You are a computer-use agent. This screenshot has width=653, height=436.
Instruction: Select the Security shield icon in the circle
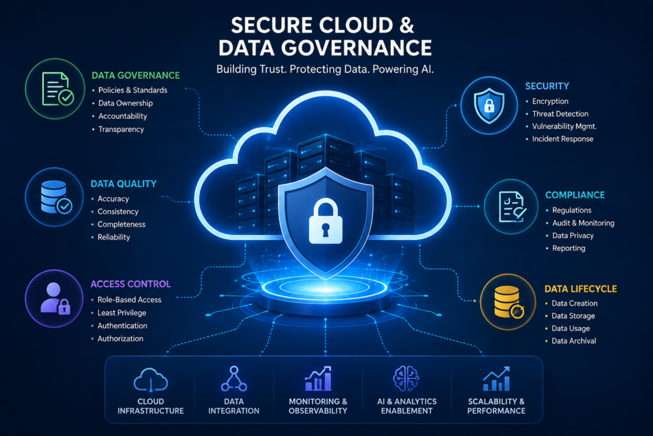tap(489, 105)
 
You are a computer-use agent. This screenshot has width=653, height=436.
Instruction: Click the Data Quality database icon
tap(56, 197)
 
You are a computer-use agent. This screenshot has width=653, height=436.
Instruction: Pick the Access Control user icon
tap(55, 299)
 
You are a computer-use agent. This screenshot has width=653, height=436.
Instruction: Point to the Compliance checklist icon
tap(512, 207)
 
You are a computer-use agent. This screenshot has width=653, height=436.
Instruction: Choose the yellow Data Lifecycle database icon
tap(508, 302)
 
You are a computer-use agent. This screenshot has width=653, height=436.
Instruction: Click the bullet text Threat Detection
tap(560, 114)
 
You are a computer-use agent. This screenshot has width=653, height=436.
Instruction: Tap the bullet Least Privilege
tap(122, 313)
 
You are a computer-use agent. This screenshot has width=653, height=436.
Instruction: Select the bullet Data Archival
tap(573, 340)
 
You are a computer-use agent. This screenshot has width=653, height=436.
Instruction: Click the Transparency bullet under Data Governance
tap(121, 129)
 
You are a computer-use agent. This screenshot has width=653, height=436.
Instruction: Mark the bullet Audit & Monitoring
tap(583, 223)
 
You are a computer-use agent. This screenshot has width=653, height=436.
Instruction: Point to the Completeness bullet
tap(121, 224)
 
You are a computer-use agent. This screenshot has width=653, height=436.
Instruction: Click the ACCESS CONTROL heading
tap(130, 284)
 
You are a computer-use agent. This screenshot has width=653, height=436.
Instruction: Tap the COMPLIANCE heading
tap(575, 195)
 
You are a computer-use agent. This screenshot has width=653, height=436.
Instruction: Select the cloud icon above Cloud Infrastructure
tap(150, 379)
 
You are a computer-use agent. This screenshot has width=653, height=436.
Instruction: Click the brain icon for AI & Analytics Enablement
tap(406, 379)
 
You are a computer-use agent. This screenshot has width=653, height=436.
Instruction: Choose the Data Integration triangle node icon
tap(233, 379)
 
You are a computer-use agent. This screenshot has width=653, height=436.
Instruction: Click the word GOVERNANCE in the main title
tap(356, 47)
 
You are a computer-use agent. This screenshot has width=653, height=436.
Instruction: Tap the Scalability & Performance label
tap(496, 406)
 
